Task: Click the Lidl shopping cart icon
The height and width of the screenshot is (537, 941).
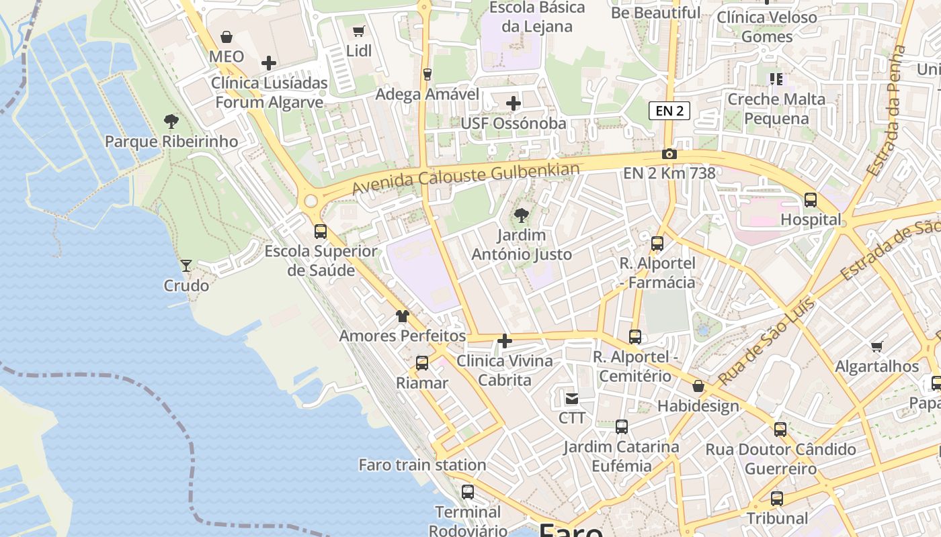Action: [358, 31]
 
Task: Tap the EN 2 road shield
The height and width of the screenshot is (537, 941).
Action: [669, 111]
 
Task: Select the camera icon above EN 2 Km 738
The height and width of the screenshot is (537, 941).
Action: [669, 154]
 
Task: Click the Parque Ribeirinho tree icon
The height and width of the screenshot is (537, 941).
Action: [171, 121]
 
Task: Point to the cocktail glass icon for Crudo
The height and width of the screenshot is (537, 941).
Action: [186, 266]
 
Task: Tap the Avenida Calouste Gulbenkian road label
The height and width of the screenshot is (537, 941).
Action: [465, 179]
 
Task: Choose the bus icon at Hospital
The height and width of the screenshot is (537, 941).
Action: [811, 199]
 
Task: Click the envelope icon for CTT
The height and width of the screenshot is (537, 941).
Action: [572, 399]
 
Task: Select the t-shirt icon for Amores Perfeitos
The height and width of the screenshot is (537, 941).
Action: [402, 316]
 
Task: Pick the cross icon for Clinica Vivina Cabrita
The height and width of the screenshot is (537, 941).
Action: [505, 341]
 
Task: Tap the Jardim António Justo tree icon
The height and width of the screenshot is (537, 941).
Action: [521, 215]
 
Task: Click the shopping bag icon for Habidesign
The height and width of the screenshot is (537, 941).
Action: [698, 386]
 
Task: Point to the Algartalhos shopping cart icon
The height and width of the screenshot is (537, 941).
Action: [876, 346]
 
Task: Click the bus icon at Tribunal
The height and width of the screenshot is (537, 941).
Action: [777, 499]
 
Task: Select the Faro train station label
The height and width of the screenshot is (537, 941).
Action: [422, 465]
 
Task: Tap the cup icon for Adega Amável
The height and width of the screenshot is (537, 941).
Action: [427, 74]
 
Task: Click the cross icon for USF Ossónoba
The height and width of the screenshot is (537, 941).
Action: [514, 103]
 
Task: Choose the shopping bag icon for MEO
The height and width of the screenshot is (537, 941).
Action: [227, 36]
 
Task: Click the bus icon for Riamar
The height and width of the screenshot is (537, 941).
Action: [422, 363]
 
